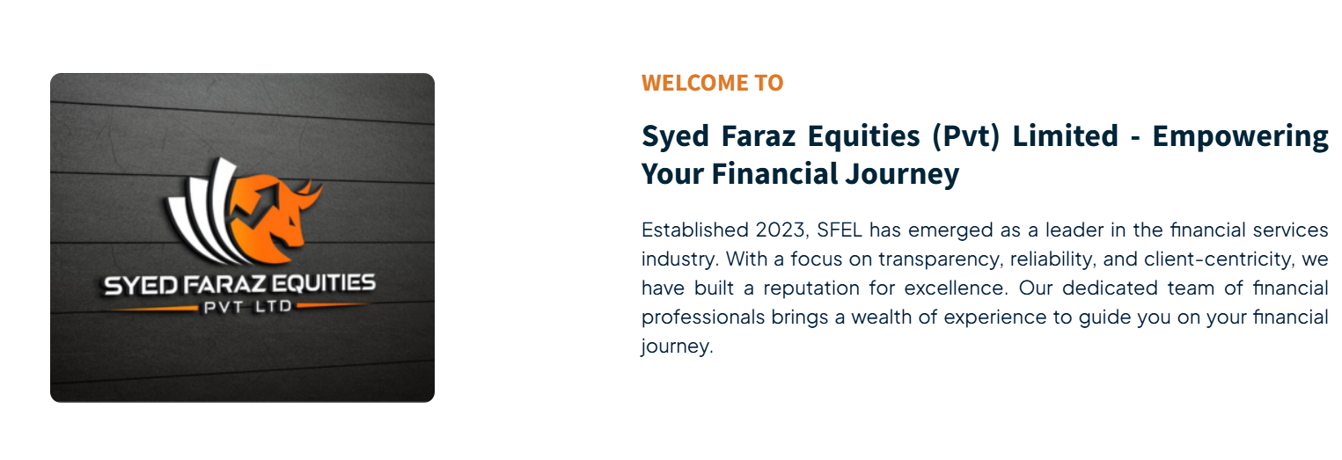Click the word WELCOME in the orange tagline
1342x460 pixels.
(694, 83)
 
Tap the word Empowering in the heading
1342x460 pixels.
(1240, 137)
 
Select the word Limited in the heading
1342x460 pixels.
(1065, 136)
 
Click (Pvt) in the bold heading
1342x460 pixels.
(965, 137)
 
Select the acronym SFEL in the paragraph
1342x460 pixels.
(840, 230)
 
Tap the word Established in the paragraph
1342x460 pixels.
(695, 230)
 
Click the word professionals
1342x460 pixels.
(703, 318)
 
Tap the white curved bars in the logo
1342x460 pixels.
(202, 213)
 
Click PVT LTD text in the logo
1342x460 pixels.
(247, 307)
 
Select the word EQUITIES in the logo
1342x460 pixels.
(323, 282)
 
